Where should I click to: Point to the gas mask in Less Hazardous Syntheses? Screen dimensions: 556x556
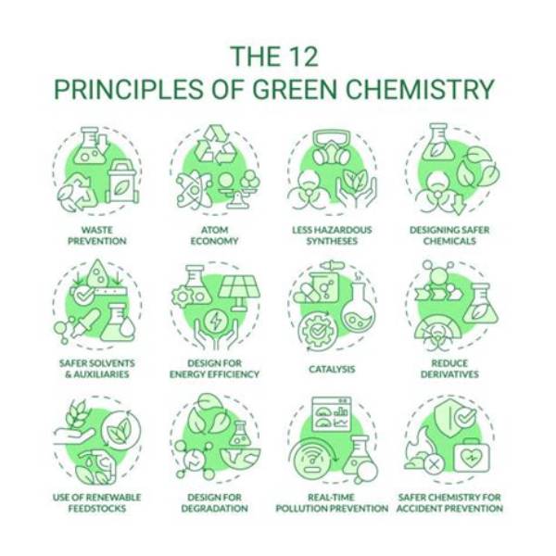click(x=332, y=148)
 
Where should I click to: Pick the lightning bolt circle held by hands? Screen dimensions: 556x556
click(x=215, y=321)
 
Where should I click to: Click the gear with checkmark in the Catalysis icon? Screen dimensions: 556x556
click(x=316, y=331)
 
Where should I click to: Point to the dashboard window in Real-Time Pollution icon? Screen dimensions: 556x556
click(x=332, y=414)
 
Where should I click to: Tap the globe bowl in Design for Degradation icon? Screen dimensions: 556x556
click(x=240, y=460)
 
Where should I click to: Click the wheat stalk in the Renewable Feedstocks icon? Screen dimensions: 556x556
click(x=76, y=414)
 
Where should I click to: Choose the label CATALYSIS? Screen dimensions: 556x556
click(x=332, y=369)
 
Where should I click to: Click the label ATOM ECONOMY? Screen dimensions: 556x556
click(x=215, y=235)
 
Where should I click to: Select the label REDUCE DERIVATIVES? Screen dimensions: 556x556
click(x=449, y=369)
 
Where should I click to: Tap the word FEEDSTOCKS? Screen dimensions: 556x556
click(x=97, y=509)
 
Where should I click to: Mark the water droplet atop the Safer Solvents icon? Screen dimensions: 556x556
click(x=98, y=273)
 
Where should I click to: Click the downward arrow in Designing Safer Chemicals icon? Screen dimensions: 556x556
click(x=459, y=204)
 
